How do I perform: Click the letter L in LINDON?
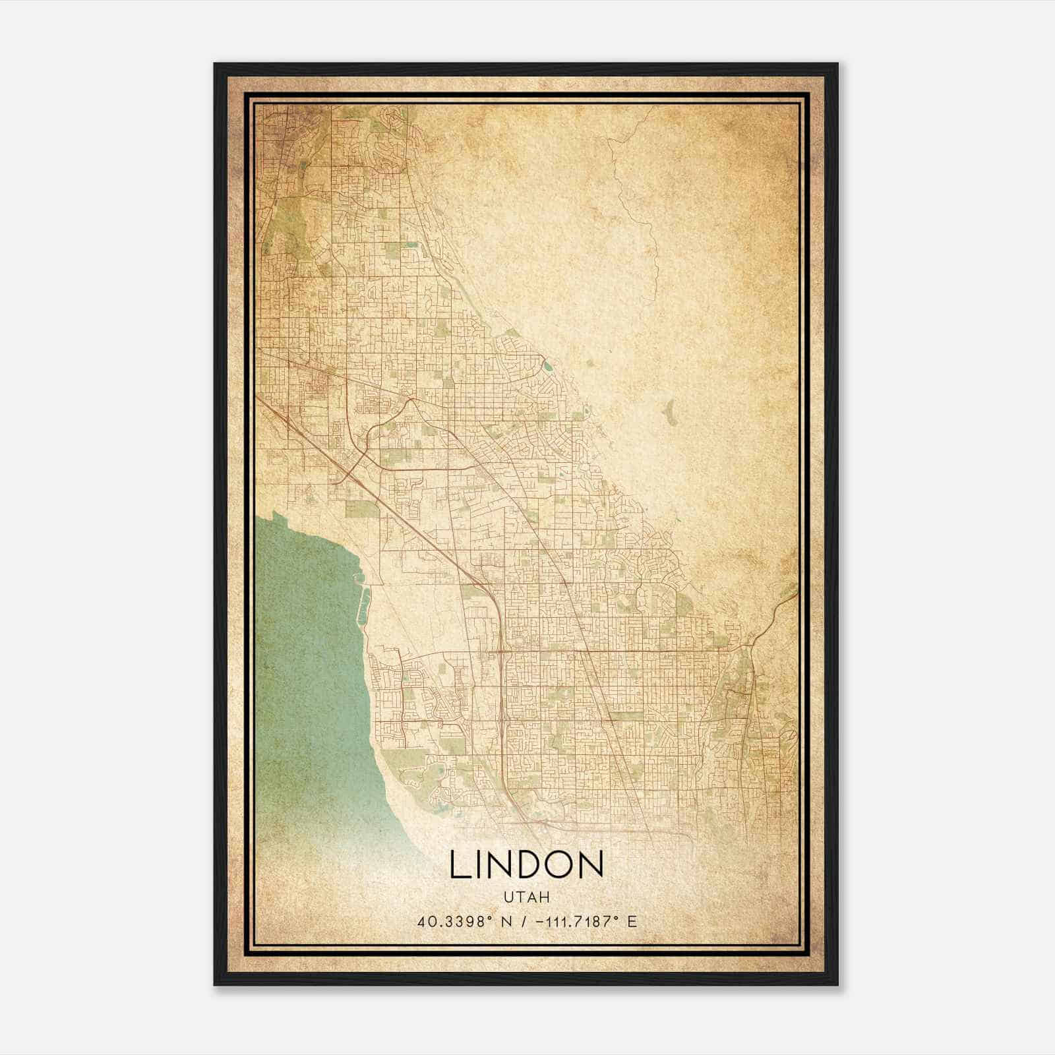coord(461,864)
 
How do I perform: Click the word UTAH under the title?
coord(527,897)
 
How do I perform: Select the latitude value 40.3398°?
coord(454,921)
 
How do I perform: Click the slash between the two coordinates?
coord(524,921)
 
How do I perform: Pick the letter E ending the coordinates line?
coord(632,921)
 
